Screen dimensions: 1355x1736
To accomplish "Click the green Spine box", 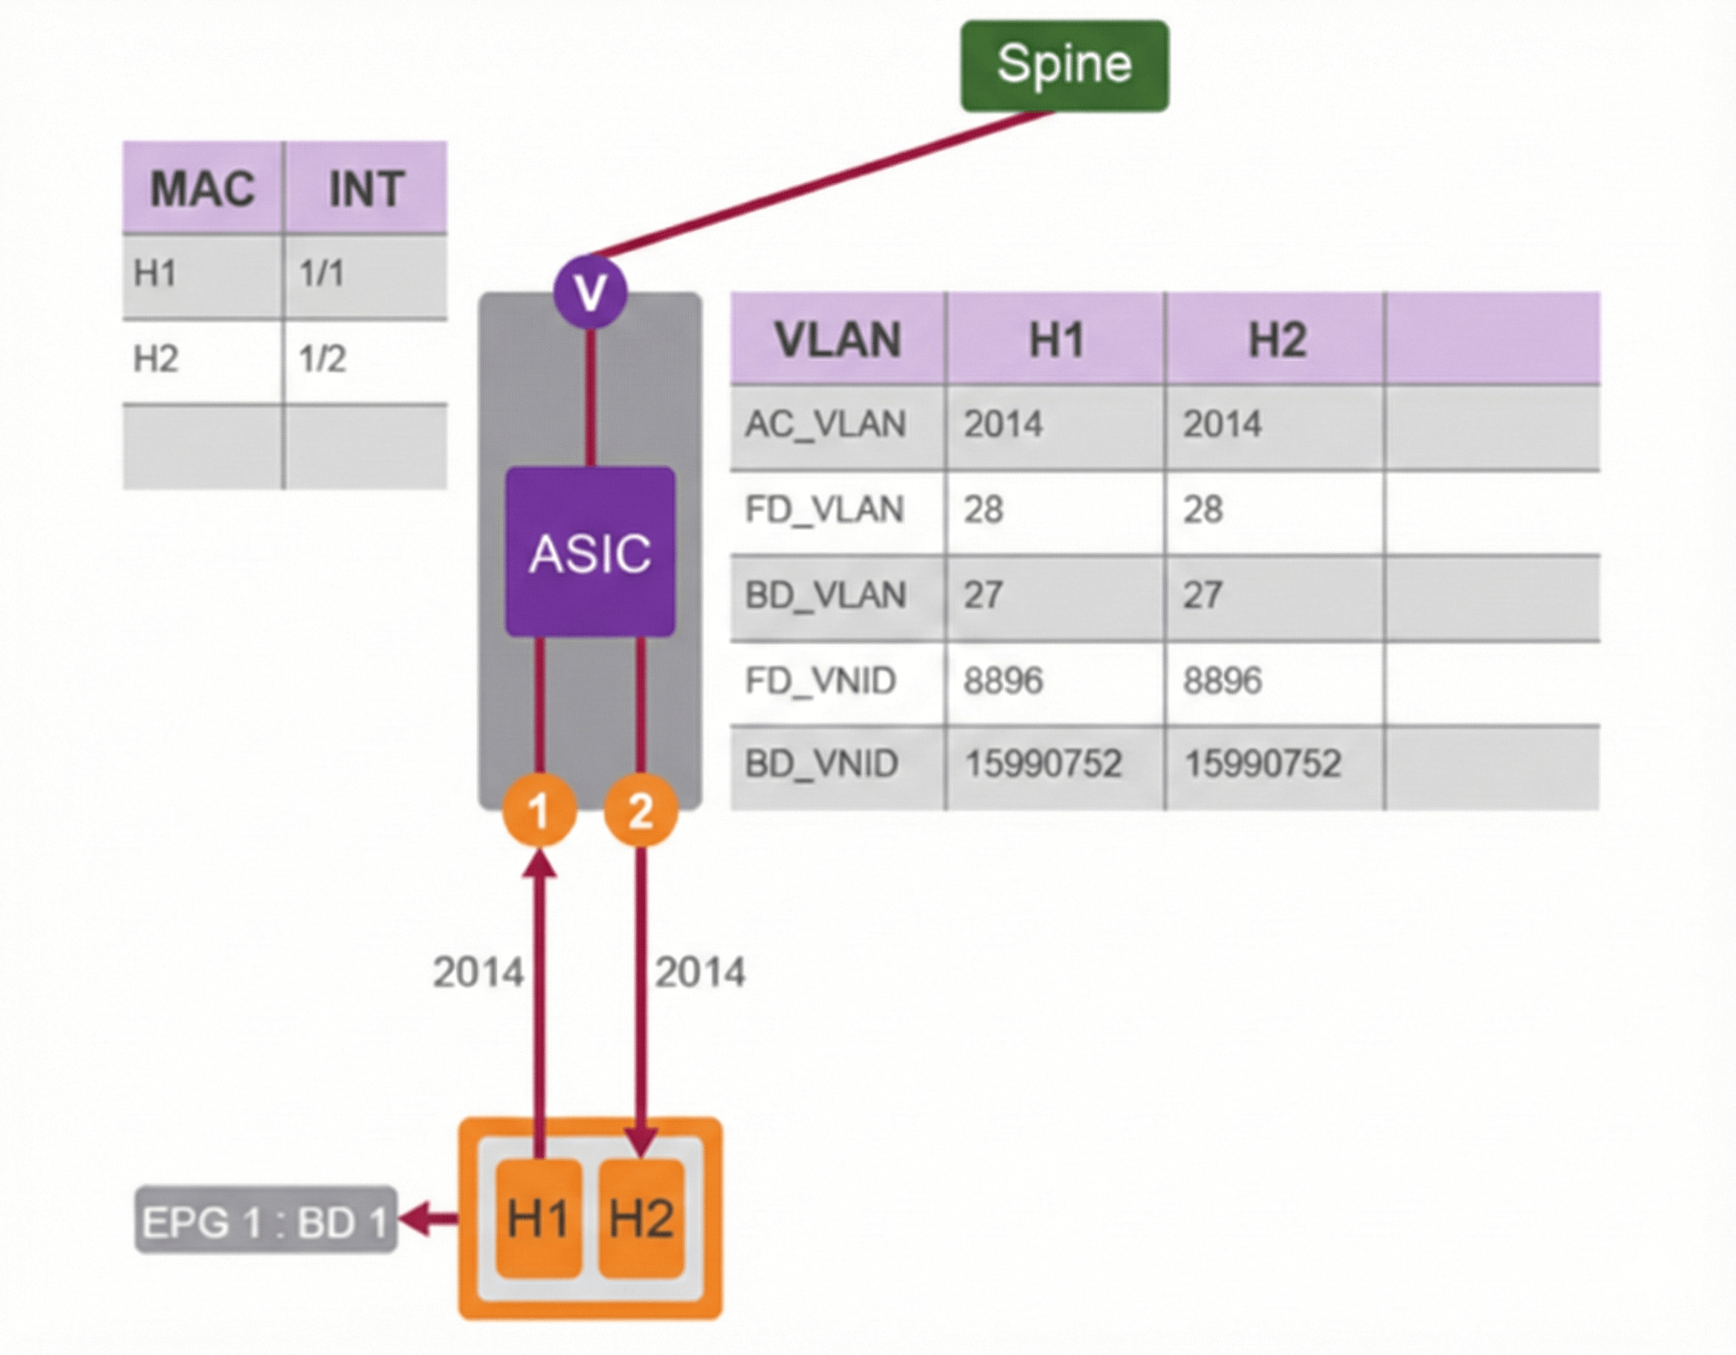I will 1064,65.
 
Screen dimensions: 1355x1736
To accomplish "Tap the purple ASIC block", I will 591,551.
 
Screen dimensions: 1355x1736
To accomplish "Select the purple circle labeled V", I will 591,292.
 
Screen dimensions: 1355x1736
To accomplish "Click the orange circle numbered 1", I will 539,810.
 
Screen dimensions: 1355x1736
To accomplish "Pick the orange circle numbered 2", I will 641,810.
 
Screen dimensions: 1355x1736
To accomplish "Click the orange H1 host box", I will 538,1218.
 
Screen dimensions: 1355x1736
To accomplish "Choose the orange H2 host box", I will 641,1218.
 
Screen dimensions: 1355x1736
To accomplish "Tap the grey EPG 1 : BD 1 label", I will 265,1221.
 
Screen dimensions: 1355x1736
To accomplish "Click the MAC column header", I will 203,189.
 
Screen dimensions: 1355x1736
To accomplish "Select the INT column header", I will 366,189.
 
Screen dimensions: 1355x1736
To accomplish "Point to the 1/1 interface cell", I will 322,274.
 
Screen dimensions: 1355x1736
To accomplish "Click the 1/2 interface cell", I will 322,360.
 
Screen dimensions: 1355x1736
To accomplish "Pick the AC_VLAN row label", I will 825,424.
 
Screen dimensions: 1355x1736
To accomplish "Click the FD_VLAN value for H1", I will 984,510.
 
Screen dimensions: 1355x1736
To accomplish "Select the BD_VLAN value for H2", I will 1202,595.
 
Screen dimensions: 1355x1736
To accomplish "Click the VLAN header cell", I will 838,340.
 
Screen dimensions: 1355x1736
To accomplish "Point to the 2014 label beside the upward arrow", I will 478,972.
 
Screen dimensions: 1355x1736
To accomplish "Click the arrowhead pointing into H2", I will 641,1143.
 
